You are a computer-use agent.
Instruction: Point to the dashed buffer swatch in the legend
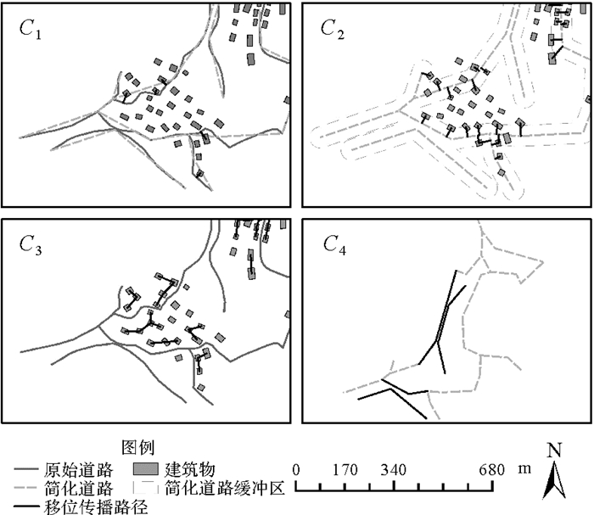(x=146, y=489)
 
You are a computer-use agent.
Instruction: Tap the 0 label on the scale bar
(x=295, y=470)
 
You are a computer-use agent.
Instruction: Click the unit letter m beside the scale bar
(x=524, y=470)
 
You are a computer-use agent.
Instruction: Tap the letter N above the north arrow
(x=554, y=451)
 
